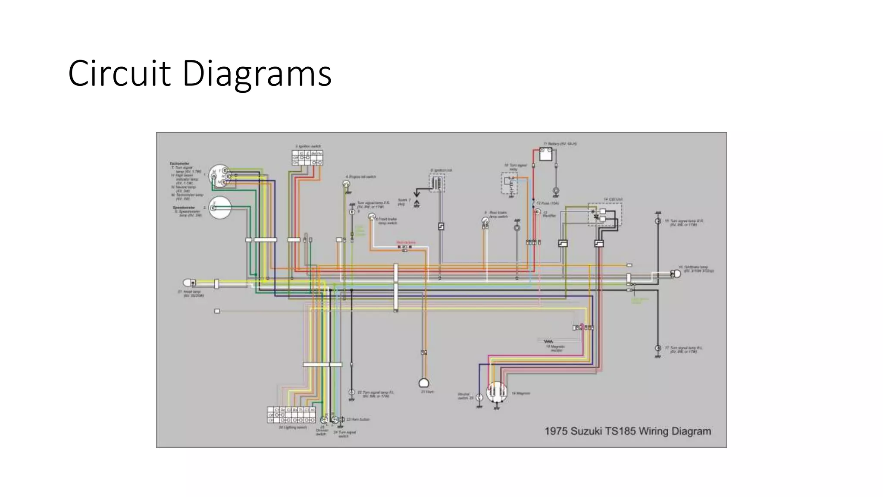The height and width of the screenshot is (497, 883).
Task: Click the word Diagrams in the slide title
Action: coord(257,74)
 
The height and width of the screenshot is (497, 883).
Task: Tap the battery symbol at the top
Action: coord(545,154)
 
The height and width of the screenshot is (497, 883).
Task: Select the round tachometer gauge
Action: coord(219,176)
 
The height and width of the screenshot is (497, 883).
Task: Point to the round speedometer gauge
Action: coord(220,208)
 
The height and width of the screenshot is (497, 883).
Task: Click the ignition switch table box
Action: coord(307,158)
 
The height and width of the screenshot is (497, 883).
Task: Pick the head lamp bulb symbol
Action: coord(188,283)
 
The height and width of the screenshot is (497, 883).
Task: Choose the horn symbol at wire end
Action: coord(424,383)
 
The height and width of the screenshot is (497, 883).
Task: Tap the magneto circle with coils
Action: coord(496,392)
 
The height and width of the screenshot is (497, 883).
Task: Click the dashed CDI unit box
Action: coord(604,214)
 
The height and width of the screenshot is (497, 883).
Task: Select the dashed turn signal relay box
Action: coord(509,184)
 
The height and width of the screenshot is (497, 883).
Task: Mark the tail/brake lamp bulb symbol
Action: coord(676,274)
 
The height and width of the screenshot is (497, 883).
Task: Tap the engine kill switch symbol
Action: coord(346,185)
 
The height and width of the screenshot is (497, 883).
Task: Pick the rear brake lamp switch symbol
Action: coord(485,221)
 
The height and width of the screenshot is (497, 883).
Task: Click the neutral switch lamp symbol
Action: coord(479,397)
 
